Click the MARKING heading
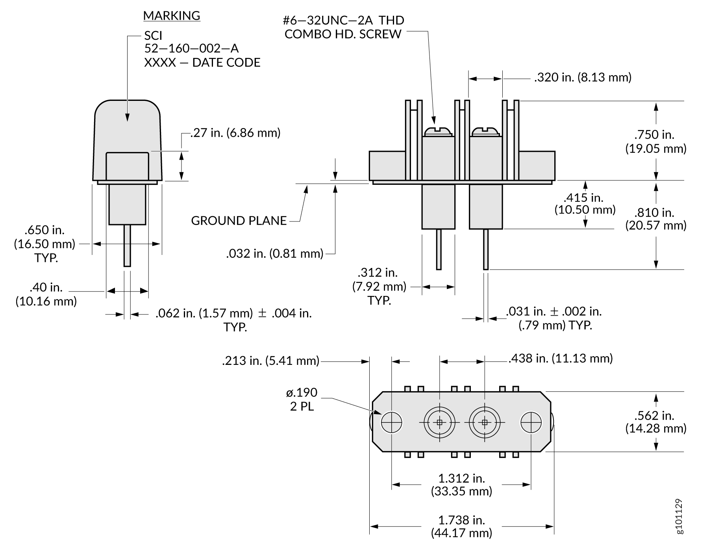(172, 16)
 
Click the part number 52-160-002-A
(191, 48)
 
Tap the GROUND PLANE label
(239, 221)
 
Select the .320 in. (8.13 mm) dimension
(583, 77)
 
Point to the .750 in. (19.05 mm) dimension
(656, 141)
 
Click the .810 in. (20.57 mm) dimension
(656, 219)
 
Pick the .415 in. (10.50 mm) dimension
(585, 203)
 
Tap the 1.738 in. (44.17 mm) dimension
(462, 526)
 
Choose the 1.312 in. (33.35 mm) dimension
(462, 485)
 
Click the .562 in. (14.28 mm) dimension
(656, 422)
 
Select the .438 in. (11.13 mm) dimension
(561, 359)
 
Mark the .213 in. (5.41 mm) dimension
(271, 361)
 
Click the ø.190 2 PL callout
(302, 399)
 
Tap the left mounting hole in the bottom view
(392, 422)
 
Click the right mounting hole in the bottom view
(531, 422)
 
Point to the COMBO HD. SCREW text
(343, 34)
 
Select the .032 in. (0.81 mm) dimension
(275, 253)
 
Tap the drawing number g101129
(679, 517)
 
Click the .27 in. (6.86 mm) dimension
(235, 133)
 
